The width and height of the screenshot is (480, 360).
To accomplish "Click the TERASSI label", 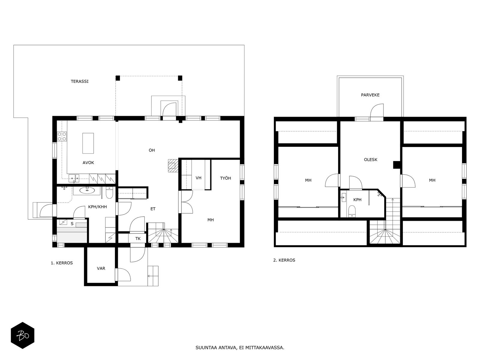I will point(79,81).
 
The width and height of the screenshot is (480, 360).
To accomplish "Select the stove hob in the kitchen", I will point(62,136).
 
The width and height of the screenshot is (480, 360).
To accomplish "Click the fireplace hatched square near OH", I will point(172,166).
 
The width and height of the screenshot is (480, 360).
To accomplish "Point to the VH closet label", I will point(198,178).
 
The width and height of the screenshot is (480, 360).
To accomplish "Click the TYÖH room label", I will point(226,178).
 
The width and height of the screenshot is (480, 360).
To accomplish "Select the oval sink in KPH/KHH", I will point(87,190).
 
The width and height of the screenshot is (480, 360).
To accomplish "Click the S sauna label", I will point(72,224).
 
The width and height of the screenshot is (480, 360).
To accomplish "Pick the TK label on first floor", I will point(138,239).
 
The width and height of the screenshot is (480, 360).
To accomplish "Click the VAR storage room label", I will point(101,268).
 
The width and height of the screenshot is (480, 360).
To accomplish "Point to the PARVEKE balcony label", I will point(370,95).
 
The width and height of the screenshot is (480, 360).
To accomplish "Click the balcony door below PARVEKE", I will point(377,112).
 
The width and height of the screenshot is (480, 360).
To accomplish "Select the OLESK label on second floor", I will point(370,160).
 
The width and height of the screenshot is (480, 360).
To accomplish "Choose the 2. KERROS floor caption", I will point(284,260).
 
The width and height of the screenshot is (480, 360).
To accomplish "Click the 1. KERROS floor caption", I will point(62,263).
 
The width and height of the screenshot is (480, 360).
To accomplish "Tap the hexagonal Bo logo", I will point(22,335).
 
